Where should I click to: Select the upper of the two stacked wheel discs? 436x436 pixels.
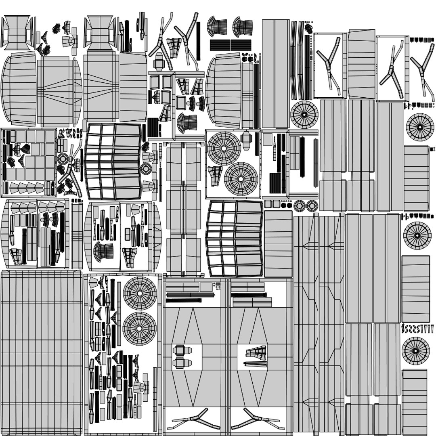tap(140, 293)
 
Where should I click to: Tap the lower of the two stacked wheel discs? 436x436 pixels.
tap(140, 328)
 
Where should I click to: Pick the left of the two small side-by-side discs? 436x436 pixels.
tap(300, 206)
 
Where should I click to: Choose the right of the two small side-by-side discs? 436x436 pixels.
tap(312, 206)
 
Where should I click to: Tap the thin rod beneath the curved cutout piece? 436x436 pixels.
tap(255, 365)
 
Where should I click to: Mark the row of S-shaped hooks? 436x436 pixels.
tap(415, 329)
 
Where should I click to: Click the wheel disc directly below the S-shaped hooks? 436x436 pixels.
tap(415, 350)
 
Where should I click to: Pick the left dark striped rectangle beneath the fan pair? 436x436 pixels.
tap(220, 45)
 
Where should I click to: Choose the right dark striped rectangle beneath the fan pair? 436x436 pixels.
tap(241, 45)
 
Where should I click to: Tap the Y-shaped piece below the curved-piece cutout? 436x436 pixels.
tap(258, 420)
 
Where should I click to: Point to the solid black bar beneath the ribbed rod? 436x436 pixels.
tap(183, 300)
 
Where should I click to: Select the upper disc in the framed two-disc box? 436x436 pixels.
tap(224, 148)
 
